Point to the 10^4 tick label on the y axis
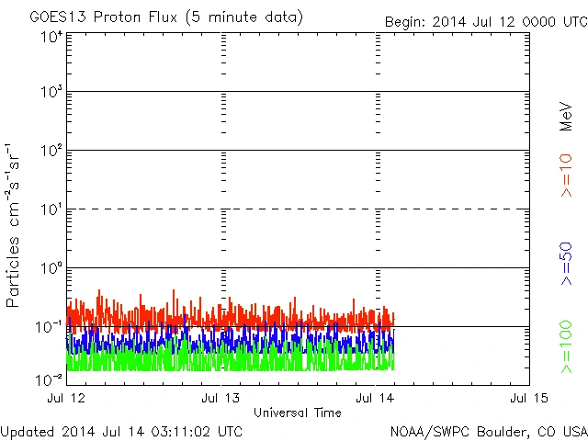pos(51,37)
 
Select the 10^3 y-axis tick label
pos(51,93)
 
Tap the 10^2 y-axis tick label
pos(51,152)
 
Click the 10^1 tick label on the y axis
pos(51,210)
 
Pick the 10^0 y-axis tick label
pos(51,269)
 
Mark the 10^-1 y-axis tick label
pos(50,327)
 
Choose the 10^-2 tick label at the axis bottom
pos(50,379)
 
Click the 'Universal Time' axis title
pos(298,413)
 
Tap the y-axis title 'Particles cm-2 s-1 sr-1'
pos(14,224)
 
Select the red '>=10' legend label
pos(566,175)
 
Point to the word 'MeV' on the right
pos(566,117)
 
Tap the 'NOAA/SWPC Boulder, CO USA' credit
pos(488,431)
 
